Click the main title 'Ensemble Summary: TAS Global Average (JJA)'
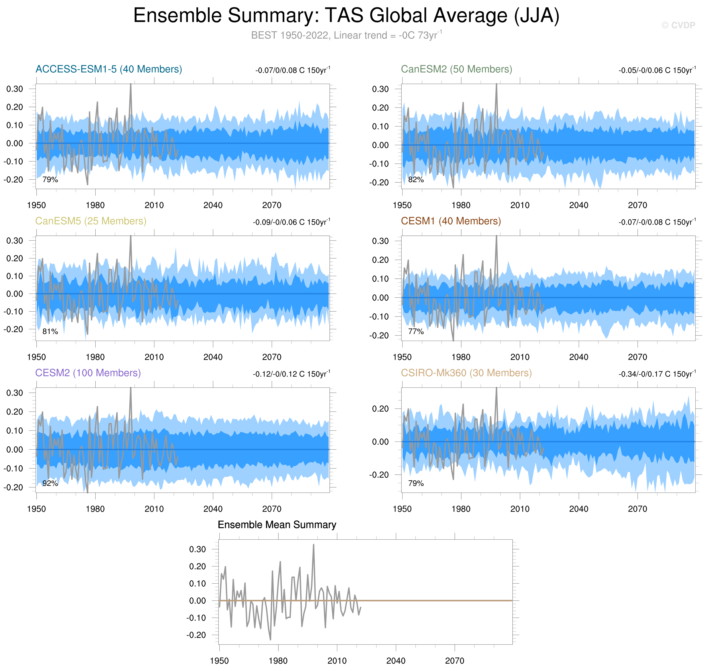tap(346, 16)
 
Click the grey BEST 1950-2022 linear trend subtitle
tap(346, 35)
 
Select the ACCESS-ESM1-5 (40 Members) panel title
tap(109, 69)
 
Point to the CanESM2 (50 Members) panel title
tap(456, 69)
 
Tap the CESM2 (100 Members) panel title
tap(88, 373)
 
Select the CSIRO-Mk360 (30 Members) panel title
tap(466, 373)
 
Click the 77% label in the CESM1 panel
tap(416, 332)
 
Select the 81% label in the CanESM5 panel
tap(50, 332)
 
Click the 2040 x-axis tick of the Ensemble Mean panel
tap(396, 661)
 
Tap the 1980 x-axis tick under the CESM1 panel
tap(461, 357)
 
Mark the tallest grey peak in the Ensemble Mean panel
tap(313, 545)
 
